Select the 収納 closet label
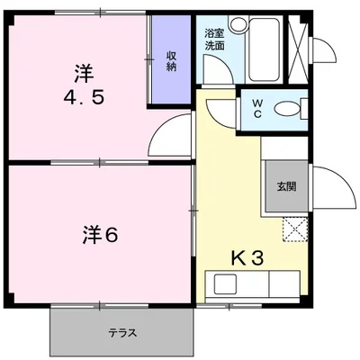click(x=172, y=61)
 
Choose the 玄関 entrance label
click(x=284, y=187)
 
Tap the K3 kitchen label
click(x=247, y=259)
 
